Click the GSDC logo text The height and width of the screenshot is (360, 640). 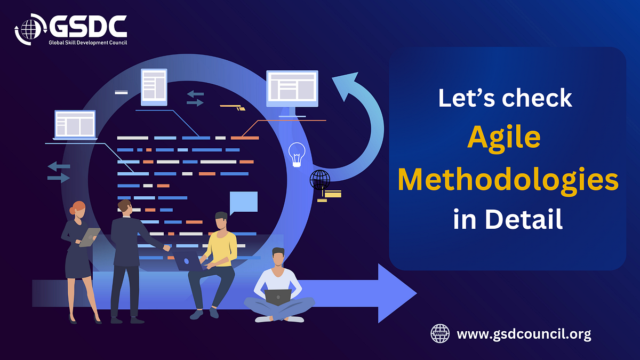coord(87,26)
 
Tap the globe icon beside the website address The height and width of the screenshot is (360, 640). coord(440,334)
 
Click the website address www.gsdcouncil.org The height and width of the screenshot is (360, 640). coord(524,334)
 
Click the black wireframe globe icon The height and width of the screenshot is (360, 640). coord(319,180)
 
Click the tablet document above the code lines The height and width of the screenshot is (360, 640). coord(154,87)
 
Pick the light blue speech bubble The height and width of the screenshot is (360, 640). coord(243,202)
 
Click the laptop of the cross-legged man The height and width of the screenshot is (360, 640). coord(278,297)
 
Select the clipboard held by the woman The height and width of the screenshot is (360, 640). coord(90,237)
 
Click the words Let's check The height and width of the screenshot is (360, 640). coord(505,99)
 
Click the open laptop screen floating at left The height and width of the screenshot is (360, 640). coord(75,124)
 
